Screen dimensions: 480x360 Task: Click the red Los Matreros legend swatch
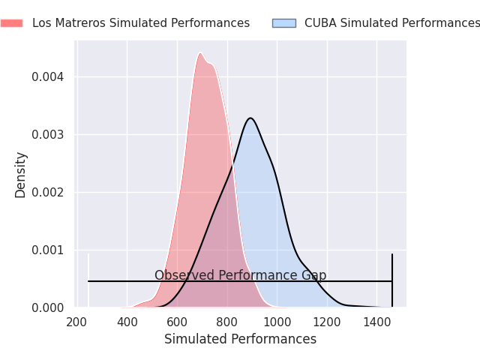(x=12, y=23)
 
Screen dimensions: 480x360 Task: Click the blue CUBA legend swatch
(x=284, y=23)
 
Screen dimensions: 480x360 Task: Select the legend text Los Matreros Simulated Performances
(x=141, y=23)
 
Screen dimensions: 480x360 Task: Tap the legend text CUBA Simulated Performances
(x=392, y=23)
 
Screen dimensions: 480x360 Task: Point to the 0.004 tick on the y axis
(x=48, y=76)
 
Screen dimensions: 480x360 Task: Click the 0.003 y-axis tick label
(x=48, y=135)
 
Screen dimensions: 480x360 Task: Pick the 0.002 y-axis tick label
(x=48, y=193)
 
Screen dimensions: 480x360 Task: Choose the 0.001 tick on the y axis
(x=48, y=250)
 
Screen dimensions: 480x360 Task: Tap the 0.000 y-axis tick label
(x=48, y=307)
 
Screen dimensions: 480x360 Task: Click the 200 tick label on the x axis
(x=76, y=322)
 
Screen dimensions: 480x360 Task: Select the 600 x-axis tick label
(x=177, y=322)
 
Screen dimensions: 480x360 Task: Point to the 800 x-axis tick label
(x=226, y=322)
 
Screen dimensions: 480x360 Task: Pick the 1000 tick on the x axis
(x=277, y=322)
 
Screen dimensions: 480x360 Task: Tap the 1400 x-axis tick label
(x=376, y=322)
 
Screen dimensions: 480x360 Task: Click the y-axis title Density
(x=20, y=175)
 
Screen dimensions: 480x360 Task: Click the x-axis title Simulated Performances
(x=240, y=339)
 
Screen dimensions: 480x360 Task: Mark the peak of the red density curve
(x=200, y=53)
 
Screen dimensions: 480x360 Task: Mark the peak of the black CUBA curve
(x=250, y=118)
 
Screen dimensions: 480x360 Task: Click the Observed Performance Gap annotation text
(x=240, y=275)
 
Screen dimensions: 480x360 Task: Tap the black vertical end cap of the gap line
(x=392, y=280)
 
